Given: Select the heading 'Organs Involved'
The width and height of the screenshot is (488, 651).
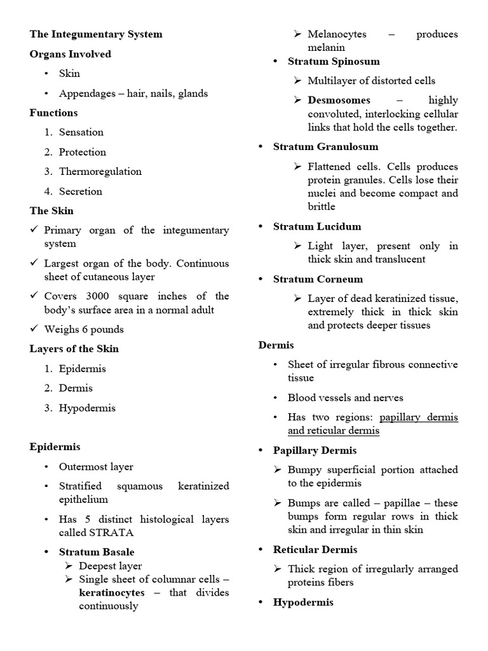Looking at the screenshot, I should [70, 54].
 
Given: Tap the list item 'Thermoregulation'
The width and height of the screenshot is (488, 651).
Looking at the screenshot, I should [100, 171].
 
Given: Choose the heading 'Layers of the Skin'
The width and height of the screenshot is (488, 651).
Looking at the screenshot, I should [74, 348].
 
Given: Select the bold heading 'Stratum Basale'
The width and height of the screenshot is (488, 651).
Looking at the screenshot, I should [97, 552].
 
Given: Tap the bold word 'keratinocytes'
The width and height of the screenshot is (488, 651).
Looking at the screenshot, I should [111, 593].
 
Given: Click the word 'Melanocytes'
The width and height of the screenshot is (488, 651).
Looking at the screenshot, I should [337, 34].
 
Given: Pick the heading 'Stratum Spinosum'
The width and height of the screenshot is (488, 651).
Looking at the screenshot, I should [334, 61].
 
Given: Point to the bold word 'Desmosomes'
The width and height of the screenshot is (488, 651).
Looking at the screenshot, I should [339, 100].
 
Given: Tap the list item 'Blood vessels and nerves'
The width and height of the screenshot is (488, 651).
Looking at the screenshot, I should [345, 397].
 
